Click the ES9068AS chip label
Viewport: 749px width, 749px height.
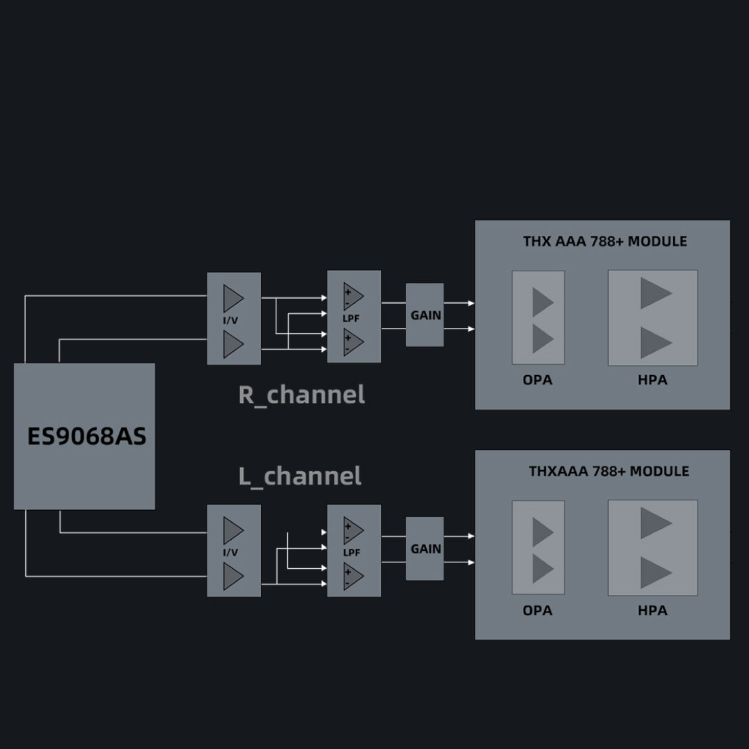[x=87, y=436]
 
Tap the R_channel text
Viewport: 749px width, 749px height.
[x=302, y=395]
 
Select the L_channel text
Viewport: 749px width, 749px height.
[x=300, y=477]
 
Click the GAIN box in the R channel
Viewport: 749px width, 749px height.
[x=426, y=315]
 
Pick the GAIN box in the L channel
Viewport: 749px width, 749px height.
[x=426, y=549]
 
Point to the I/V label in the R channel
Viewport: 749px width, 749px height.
[x=231, y=320]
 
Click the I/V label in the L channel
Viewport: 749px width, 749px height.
[x=231, y=552]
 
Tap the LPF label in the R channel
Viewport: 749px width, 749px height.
[x=351, y=318]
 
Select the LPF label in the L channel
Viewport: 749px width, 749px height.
[x=351, y=552]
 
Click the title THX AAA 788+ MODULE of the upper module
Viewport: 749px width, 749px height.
[x=605, y=241]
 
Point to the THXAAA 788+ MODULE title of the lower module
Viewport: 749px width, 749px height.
[x=609, y=471]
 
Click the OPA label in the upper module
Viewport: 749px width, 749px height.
[x=537, y=380]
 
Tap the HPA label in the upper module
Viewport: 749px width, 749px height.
[x=652, y=380]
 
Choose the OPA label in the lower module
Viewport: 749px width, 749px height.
[x=537, y=610]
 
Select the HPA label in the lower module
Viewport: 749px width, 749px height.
[x=652, y=610]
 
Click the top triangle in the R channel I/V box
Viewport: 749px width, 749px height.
[x=232, y=298]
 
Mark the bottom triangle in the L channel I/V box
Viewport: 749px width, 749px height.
[x=232, y=577]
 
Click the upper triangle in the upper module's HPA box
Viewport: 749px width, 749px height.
[x=655, y=293]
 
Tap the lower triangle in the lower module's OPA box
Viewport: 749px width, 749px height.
[x=542, y=569]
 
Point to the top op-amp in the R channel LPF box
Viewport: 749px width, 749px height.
[x=353, y=296]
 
